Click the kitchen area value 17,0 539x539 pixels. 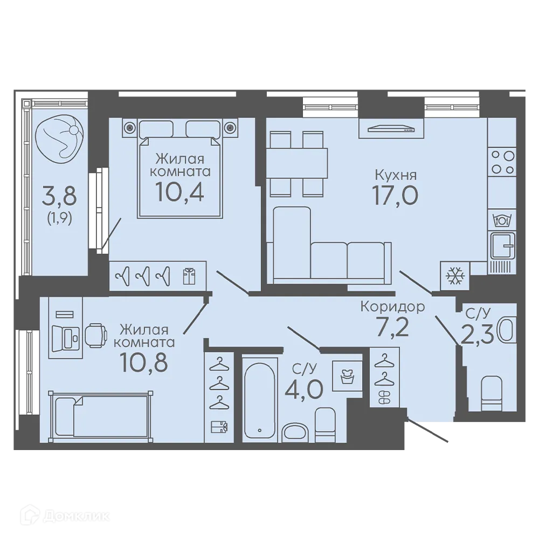395,195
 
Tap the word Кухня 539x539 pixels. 396,175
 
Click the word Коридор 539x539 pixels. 392,307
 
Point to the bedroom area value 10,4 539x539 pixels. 180,191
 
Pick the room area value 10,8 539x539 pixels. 144,362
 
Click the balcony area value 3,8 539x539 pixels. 59,196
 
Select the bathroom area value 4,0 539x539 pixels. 304,389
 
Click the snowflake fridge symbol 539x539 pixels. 455,275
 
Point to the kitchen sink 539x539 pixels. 502,245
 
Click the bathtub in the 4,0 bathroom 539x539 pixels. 260,399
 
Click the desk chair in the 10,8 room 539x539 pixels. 96,335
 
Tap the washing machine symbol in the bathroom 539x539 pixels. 347,376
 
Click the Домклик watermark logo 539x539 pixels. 65,516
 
